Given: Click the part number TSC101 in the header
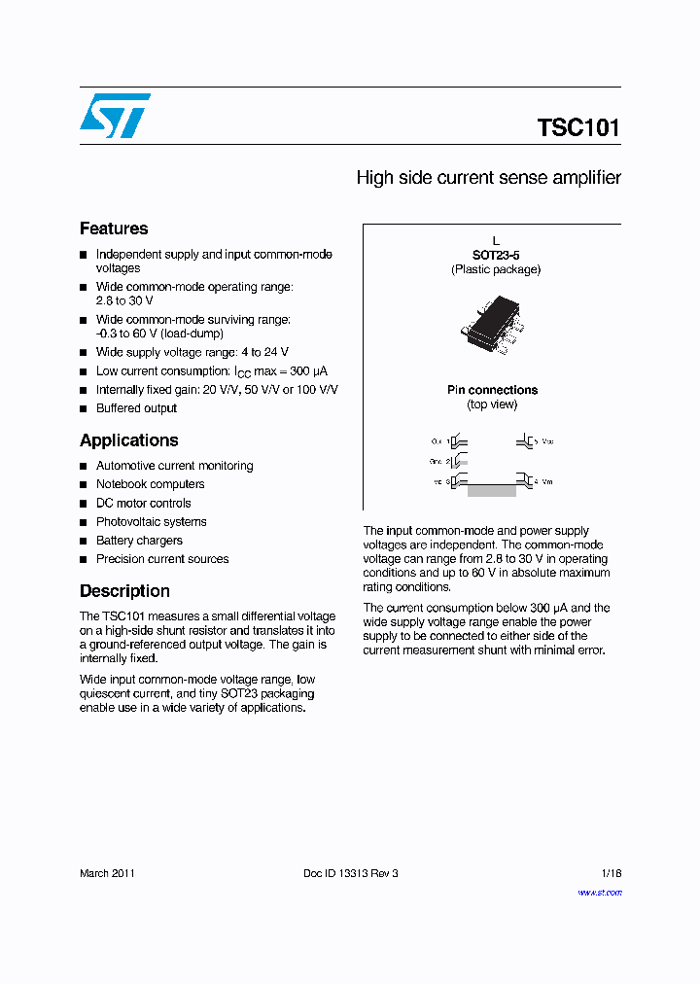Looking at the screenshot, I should (577, 128).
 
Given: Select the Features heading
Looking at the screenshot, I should (114, 228).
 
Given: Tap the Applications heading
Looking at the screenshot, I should (128, 440).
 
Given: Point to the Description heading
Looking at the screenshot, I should (124, 591).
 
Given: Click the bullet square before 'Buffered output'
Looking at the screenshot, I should (84, 409).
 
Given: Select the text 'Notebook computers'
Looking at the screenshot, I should (150, 484).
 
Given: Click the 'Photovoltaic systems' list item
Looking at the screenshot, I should (151, 522).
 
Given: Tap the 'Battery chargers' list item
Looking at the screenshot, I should (139, 541).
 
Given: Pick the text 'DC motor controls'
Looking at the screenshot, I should (143, 504).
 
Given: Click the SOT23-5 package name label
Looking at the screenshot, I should (495, 255).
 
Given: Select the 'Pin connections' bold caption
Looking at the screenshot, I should (492, 390).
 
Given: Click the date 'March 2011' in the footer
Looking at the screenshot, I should (107, 873).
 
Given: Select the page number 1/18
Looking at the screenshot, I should (611, 873).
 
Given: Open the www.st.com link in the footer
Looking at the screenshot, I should (599, 892).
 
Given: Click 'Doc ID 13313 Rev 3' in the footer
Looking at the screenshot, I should (351, 873).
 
